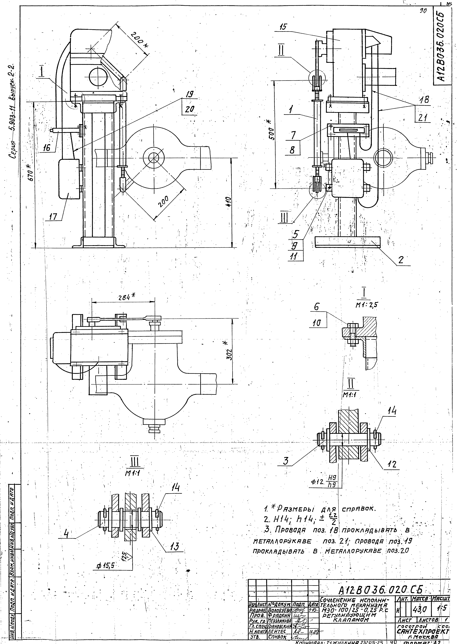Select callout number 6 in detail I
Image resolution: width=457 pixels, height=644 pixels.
[317, 307]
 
